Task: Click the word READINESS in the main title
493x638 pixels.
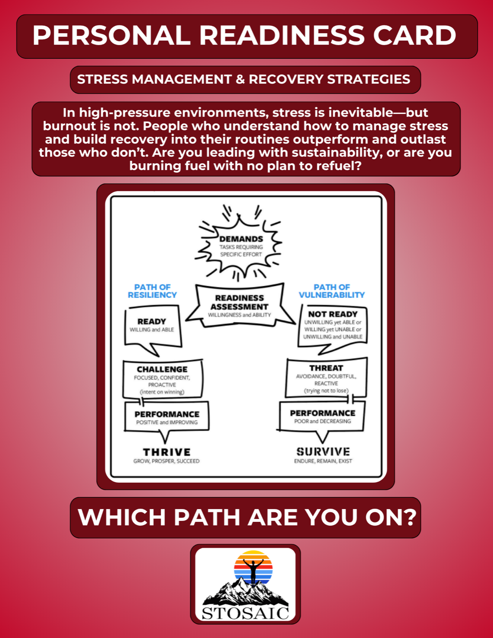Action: pyautogui.click(x=282, y=36)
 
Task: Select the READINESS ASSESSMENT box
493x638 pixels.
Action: pyautogui.click(x=239, y=306)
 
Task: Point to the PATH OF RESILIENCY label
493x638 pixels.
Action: pyautogui.click(x=152, y=291)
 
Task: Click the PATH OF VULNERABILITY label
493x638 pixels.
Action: pyautogui.click(x=332, y=291)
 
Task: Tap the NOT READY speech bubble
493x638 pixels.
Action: pyautogui.click(x=333, y=326)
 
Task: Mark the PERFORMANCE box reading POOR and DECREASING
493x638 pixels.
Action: pyautogui.click(x=322, y=416)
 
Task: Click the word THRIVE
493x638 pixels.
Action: pyautogui.click(x=167, y=452)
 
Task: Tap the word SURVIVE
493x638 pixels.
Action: pyautogui.click(x=323, y=452)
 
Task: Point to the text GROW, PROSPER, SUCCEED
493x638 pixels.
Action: pyautogui.click(x=166, y=461)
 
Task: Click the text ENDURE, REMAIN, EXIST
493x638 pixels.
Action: pyautogui.click(x=323, y=461)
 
